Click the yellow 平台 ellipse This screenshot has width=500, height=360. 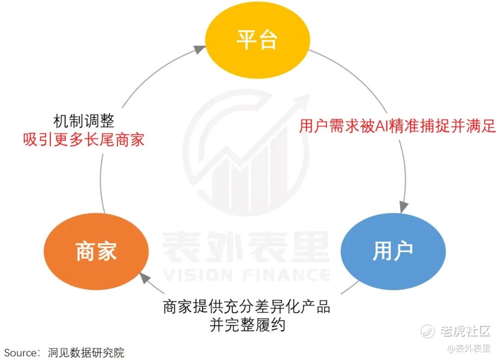tap(257, 40)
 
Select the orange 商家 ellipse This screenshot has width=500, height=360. tap(96, 252)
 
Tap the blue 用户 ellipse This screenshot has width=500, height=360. tap(393, 251)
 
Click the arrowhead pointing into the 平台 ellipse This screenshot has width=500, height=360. tap(200, 49)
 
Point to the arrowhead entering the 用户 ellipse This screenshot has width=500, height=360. tap(404, 207)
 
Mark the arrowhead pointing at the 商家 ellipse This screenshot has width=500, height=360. tap(145, 278)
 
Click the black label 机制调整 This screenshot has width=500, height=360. tap(83, 121)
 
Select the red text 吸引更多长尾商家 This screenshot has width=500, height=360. tap(83, 140)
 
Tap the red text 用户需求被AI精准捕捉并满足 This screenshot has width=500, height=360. tap(397, 126)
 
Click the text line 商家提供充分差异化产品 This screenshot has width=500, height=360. tap(246, 306)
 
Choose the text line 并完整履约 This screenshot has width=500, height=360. tap(247, 325)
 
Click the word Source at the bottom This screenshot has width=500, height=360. tap(21, 353)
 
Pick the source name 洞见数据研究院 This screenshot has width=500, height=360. tap(86, 353)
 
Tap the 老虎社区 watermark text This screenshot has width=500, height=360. tap(465, 331)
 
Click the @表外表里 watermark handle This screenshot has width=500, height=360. tap(469, 348)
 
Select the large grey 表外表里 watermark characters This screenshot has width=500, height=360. tap(246, 247)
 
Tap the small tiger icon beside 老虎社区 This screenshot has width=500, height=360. tap(427, 332)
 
